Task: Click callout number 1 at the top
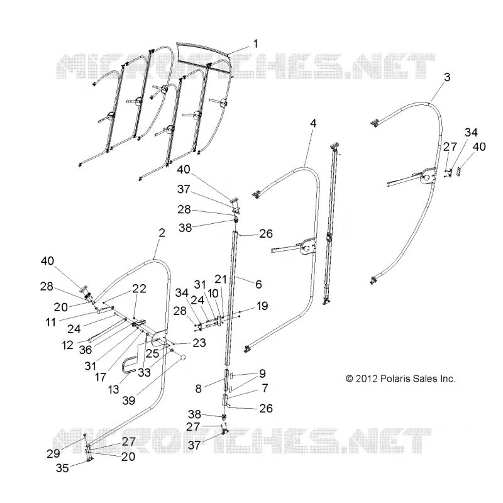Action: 256,43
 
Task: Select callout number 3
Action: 447,77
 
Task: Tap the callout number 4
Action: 313,123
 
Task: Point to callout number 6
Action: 258,284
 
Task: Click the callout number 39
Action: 129,401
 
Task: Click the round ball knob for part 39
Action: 183,357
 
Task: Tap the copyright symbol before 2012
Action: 350,379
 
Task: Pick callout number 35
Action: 62,468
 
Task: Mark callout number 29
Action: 53,453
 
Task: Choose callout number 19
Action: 262,306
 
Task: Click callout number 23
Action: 199,343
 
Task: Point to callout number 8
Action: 199,389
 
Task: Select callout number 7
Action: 265,388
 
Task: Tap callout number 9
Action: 262,373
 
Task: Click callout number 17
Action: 101,377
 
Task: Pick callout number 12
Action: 68,345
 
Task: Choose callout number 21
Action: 221,279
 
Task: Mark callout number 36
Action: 86,350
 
